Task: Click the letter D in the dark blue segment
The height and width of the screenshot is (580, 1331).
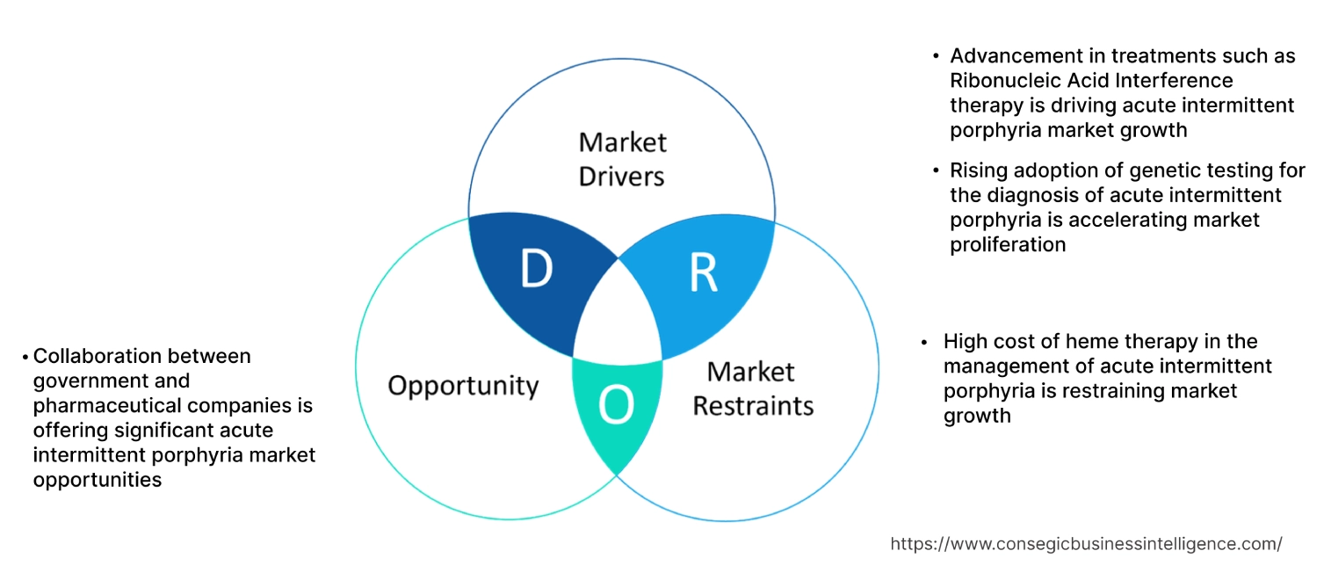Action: [x=536, y=269]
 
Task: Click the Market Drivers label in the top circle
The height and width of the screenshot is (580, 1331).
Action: [x=622, y=159]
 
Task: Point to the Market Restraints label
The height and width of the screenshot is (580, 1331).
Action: [x=753, y=388]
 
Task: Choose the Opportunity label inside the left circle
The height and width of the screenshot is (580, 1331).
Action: [x=463, y=385]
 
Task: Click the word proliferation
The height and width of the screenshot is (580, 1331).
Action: [x=1008, y=244]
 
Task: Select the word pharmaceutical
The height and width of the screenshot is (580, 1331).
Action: [x=104, y=406]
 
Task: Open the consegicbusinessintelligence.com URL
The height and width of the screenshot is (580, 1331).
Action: [x=1086, y=544]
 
